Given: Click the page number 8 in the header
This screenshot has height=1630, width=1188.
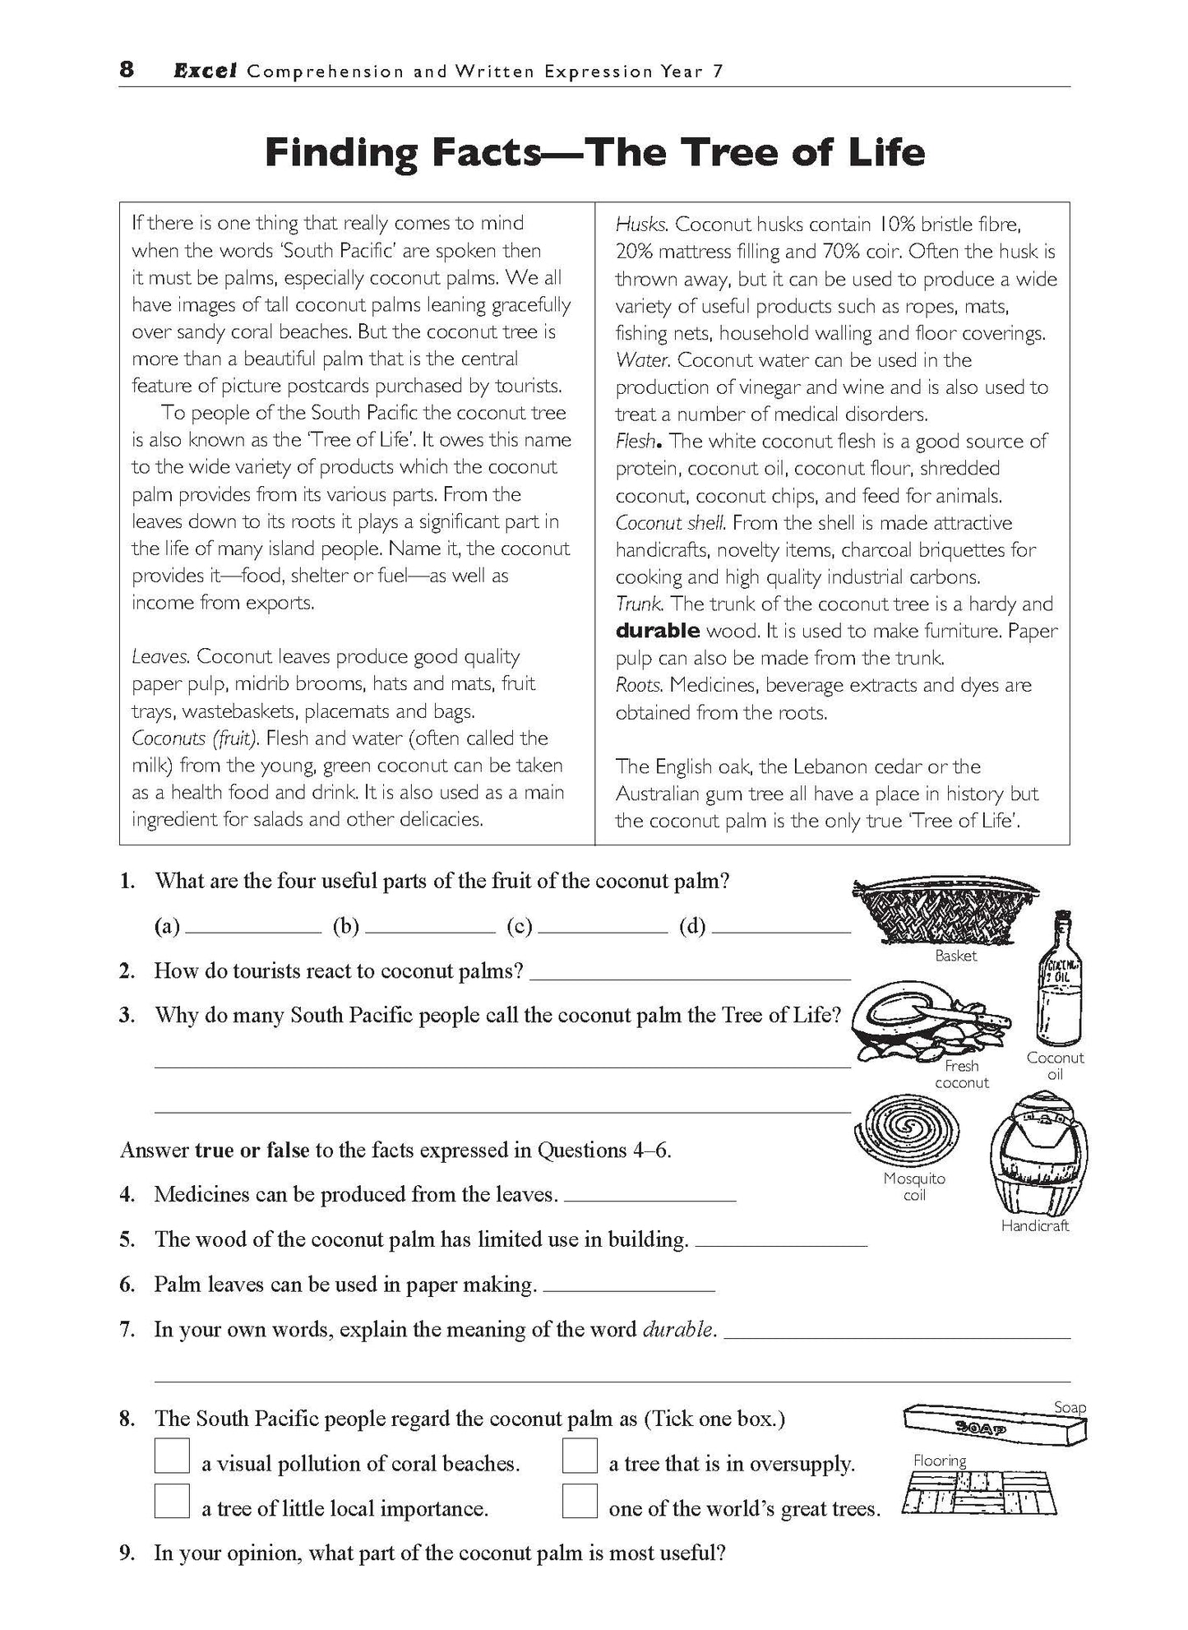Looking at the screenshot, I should pyautogui.click(x=126, y=69).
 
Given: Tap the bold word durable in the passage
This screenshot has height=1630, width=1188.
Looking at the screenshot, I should pyautogui.click(x=658, y=631).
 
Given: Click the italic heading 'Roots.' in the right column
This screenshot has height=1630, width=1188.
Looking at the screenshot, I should pyautogui.click(x=640, y=685).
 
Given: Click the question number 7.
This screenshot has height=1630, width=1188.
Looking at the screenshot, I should pyautogui.click(x=127, y=1330).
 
